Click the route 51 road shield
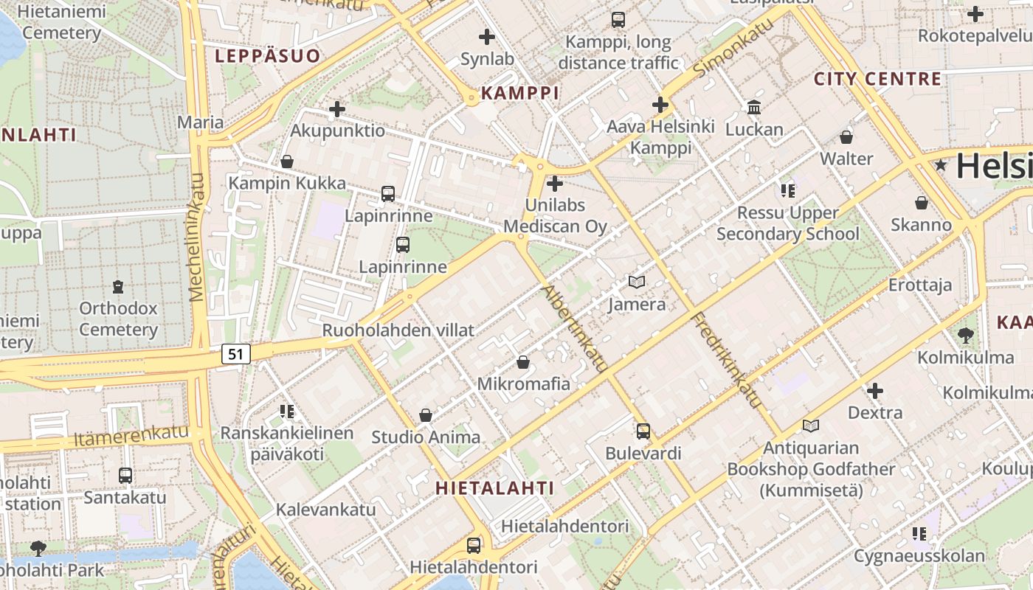coord(235,354)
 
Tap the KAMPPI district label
coord(519,93)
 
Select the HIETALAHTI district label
coord(494,487)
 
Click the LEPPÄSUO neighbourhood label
coord(268,56)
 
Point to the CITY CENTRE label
coord(877,79)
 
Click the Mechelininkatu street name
coord(196,237)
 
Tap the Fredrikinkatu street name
coord(726,359)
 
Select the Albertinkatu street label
coord(575,328)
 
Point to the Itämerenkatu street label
coord(131,437)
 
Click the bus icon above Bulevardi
coord(643,431)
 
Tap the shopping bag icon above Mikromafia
coord(523,362)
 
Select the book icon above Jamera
coord(636,282)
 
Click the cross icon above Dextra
coord(875,391)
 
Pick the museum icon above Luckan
coord(754,108)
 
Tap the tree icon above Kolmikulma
coord(965,336)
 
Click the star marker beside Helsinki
coord(941,165)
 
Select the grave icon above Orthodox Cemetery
coord(118,286)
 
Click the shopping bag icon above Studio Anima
coord(426,415)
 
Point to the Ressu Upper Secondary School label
coord(788,223)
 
